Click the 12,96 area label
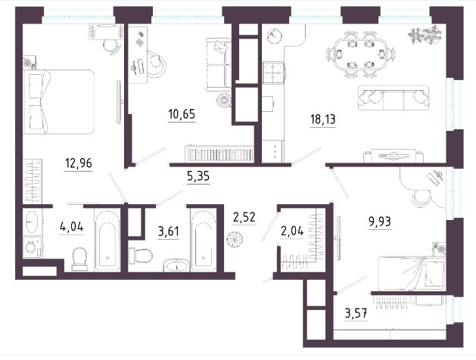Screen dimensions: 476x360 tap(78, 163)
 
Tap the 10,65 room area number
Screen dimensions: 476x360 tap(182, 114)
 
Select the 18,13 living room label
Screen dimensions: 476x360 tap(322, 119)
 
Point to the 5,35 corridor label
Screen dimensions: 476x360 tap(198, 176)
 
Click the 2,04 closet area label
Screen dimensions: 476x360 tap(292, 231)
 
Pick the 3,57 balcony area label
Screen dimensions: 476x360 tap(356, 312)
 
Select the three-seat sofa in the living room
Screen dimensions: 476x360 tap(394, 98)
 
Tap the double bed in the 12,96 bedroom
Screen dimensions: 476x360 tap(58, 102)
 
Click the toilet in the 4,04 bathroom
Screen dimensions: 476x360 tap(80, 259)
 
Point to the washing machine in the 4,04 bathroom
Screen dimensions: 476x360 tap(33, 247)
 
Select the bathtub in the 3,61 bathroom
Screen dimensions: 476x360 tap(203, 241)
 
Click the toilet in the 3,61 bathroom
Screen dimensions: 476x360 tap(140, 256)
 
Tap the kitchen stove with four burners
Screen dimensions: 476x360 tap(274, 72)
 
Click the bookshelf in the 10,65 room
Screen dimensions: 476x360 tap(219, 154)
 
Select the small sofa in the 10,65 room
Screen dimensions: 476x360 tap(218, 64)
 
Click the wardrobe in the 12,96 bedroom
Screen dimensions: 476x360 tap(33, 182)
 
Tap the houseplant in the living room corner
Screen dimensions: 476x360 tap(425, 34)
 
